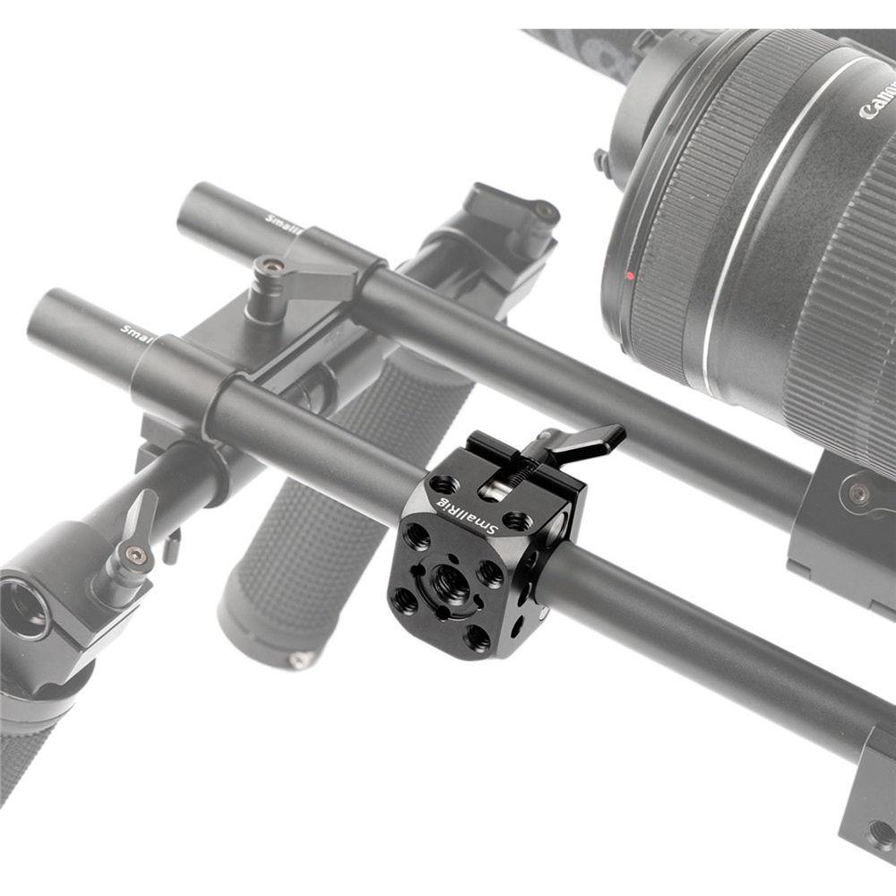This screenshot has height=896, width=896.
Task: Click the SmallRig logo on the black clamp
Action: coord(467,517)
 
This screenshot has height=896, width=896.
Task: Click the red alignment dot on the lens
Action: coord(630,275)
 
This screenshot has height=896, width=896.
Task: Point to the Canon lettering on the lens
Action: coord(877,98)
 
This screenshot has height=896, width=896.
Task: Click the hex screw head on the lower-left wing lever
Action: coord(135,556)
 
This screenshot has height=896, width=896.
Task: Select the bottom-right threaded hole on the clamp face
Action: coord(478,637)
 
